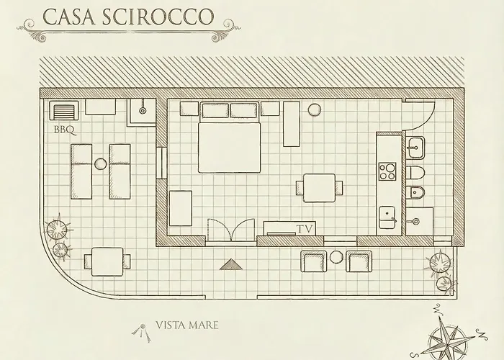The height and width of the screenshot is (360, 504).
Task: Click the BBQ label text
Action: click(x=65, y=130)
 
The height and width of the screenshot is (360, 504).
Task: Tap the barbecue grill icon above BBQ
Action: click(x=63, y=111)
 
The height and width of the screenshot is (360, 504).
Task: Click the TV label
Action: click(x=305, y=229)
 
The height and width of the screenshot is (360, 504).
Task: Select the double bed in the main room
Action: click(x=229, y=138)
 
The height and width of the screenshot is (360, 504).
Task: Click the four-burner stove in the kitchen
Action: click(x=387, y=171)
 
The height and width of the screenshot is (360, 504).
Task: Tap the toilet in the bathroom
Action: click(x=415, y=173)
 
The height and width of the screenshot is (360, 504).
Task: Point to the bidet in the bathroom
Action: click(x=415, y=192)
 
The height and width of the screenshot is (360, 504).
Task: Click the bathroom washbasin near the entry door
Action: click(x=416, y=147)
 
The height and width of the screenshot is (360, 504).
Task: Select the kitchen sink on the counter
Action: click(x=387, y=217)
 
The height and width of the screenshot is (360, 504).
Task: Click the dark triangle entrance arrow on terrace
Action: click(x=230, y=264)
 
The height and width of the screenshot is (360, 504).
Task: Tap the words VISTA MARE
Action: click(x=186, y=325)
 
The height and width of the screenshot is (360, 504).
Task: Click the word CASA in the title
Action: click(x=69, y=17)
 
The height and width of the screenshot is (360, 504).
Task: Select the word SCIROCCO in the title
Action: click(x=158, y=17)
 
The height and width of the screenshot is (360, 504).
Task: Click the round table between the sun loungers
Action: click(x=100, y=164)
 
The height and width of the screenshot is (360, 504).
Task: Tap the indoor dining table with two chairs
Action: click(x=319, y=188)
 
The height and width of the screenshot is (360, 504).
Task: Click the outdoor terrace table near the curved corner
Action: click(x=107, y=261)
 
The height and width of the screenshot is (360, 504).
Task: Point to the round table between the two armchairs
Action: click(x=336, y=257)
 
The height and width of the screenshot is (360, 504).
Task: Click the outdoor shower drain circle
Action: click(x=143, y=111)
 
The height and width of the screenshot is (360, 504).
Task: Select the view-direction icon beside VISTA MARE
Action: click(x=142, y=332)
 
